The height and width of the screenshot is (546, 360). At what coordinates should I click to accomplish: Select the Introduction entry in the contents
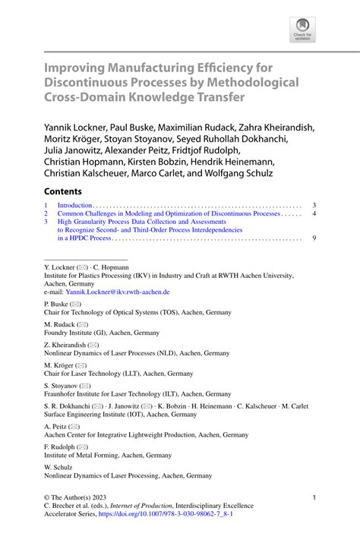[74, 206]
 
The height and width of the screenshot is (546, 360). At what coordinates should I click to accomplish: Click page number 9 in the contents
[314, 238]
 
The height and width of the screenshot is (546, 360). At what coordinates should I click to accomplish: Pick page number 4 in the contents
[314, 214]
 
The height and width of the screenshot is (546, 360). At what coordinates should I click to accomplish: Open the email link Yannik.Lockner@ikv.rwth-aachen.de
[118, 292]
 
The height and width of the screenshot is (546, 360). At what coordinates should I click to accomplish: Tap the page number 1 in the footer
[314, 497]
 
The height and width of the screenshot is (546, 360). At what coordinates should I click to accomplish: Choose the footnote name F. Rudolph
[61, 447]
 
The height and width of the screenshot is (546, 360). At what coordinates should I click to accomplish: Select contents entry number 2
[46, 214]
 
